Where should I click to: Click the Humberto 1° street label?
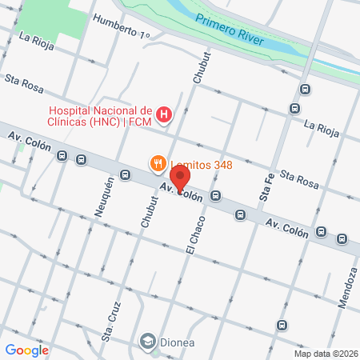click(121, 26)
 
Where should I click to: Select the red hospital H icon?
click(163, 115)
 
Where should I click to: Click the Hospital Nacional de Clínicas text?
click(101, 116)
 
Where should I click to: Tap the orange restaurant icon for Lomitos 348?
click(158, 165)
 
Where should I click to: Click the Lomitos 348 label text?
click(201, 166)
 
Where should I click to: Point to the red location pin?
click(181, 178)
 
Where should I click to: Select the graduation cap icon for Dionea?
click(147, 342)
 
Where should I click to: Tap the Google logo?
click(26, 350)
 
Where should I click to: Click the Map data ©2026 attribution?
click(326, 354)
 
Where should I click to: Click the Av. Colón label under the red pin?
click(179, 192)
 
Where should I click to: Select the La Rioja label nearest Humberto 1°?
click(37, 42)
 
